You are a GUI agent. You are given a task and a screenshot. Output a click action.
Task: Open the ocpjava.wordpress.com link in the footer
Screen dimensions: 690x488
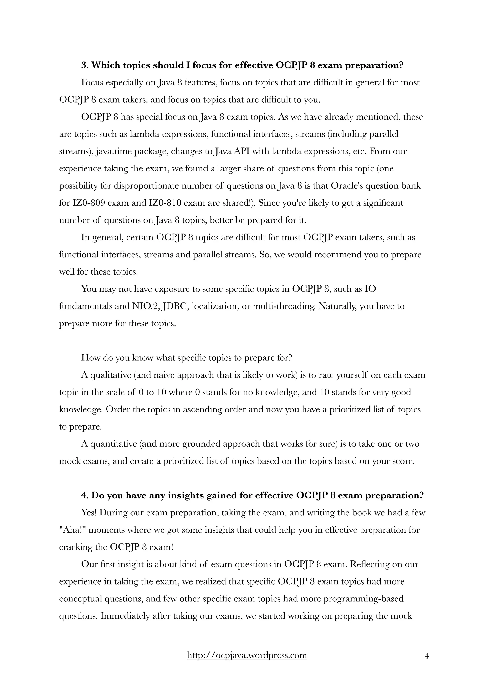click(x=247, y=655)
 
